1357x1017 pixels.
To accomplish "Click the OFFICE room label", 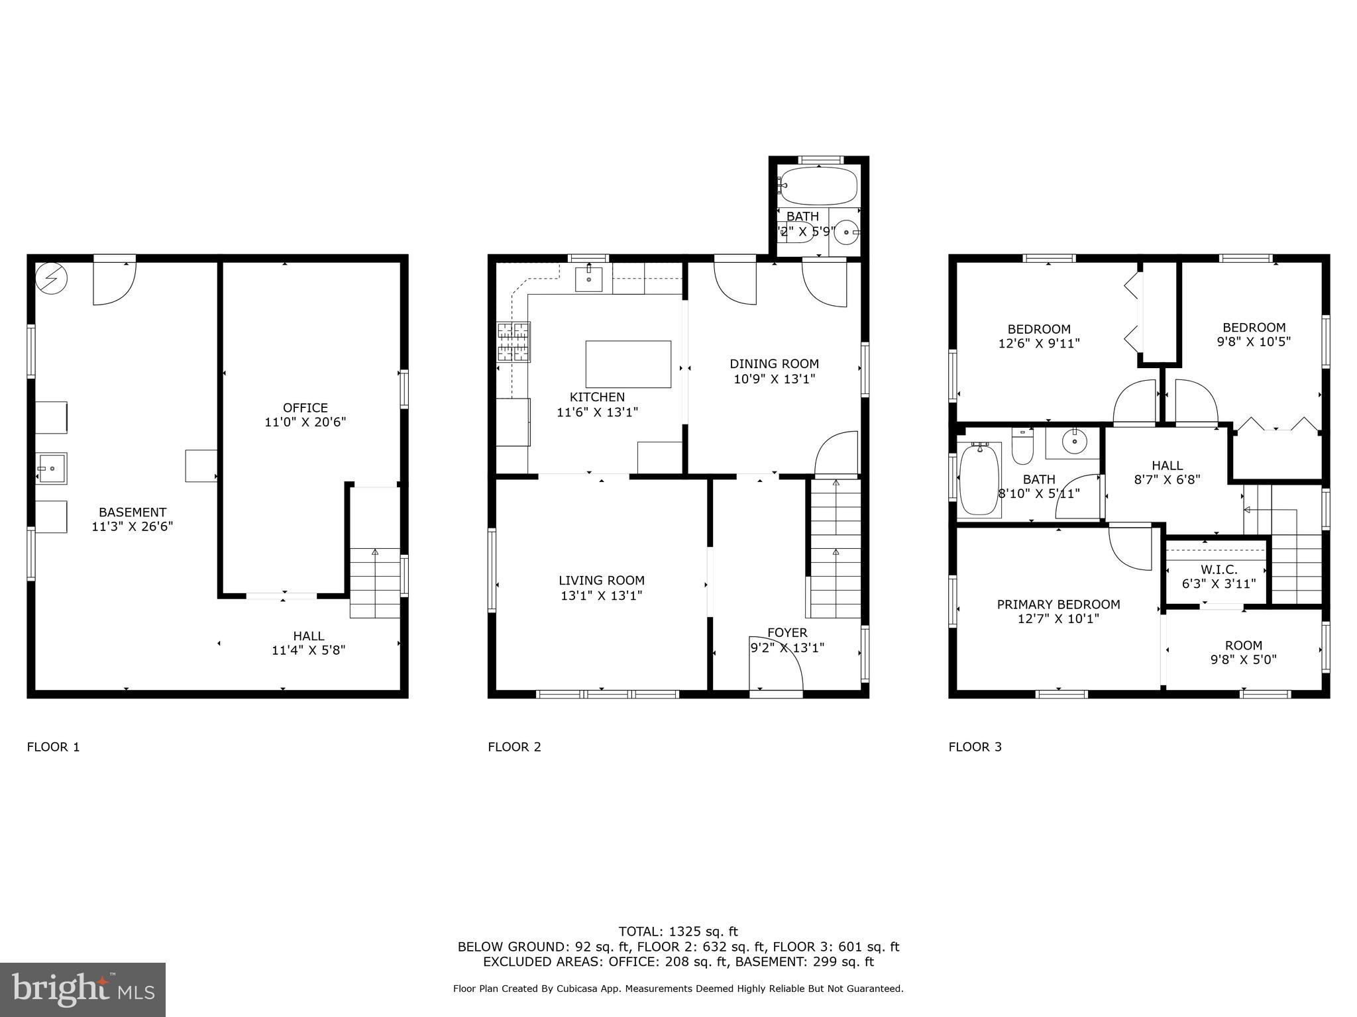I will pos(305,408).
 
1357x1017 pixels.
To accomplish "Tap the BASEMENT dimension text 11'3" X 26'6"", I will pos(132,527).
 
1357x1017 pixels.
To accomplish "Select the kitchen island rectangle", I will pos(628,364).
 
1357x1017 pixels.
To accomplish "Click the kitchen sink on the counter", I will pos(588,279).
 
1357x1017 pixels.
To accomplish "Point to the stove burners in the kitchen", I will pos(514,342).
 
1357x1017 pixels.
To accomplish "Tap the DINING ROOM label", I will pos(774,364).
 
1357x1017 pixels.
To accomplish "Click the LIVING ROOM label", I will pos(601,581).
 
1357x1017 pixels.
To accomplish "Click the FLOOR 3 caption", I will pos(975,747).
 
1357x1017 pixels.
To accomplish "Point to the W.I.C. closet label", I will pos(1219,569).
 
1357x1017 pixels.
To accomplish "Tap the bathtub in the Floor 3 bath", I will pos(979,480).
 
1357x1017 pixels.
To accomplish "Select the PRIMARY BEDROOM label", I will pos(1058,605).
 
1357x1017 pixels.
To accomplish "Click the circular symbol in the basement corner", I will pos(51,279).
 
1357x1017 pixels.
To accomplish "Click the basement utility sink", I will pos(51,469).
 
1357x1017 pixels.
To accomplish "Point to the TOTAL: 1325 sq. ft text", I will pos(678,932).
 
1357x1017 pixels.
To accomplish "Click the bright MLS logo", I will pos(83,990).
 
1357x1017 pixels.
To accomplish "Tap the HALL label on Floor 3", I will pos(1167,465).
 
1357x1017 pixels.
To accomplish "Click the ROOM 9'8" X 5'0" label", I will pos(1243,646).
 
